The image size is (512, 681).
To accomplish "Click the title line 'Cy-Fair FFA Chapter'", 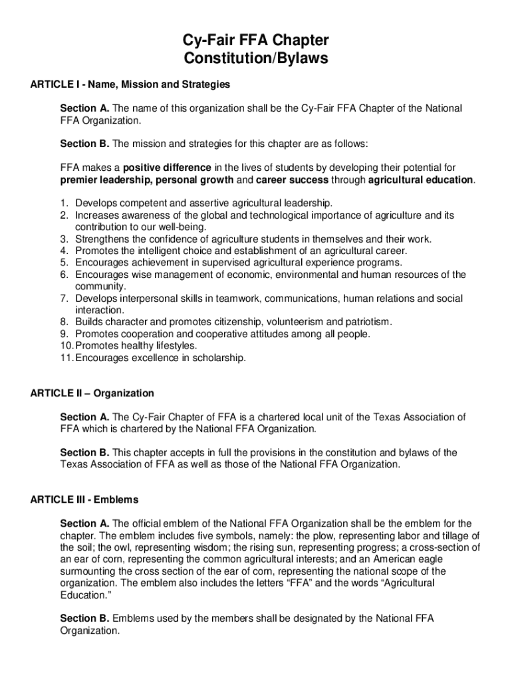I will tap(256, 41).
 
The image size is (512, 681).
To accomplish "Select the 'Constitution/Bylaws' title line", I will tap(256, 59).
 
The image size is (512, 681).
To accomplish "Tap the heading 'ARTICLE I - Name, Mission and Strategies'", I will tap(130, 84).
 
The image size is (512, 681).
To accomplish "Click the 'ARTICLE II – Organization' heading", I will tap(92, 394).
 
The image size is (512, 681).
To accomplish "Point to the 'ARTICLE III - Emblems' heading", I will tap(84, 499).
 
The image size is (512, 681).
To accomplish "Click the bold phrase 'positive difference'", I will tap(167, 168).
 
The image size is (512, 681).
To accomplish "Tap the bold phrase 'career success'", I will tap(292, 180).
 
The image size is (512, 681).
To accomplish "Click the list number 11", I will tap(66, 358).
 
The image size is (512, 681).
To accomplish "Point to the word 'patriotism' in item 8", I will tap(368, 323).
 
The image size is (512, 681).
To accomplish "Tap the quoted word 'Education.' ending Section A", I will tap(85, 595).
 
